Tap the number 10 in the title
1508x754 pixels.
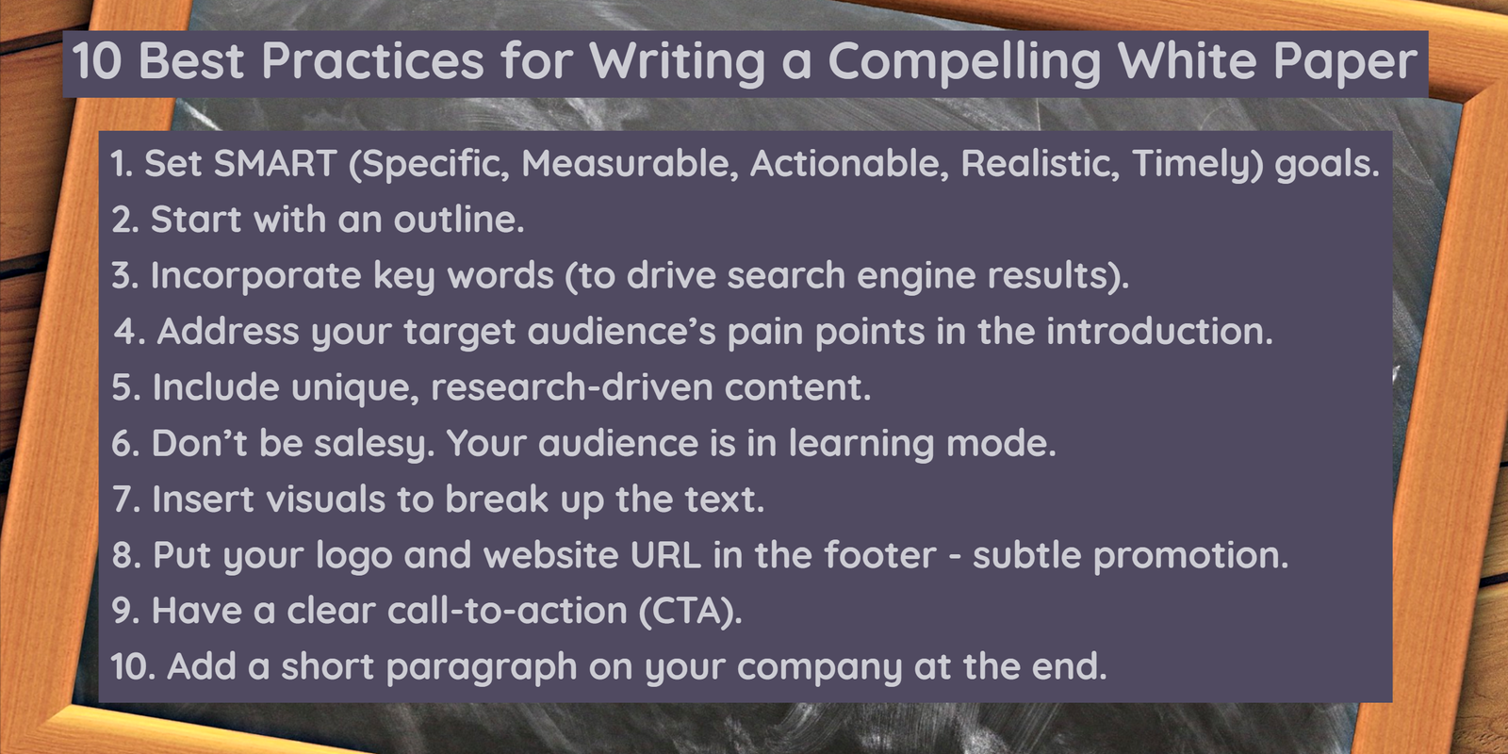tap(97, 60)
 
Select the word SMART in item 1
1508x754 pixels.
tap(275, 164)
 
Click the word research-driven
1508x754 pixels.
tap(571, 387)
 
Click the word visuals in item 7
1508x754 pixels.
tap(326, 500)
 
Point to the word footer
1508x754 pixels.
tap(880, 555)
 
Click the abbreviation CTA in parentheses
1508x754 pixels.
tap(687, 612)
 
